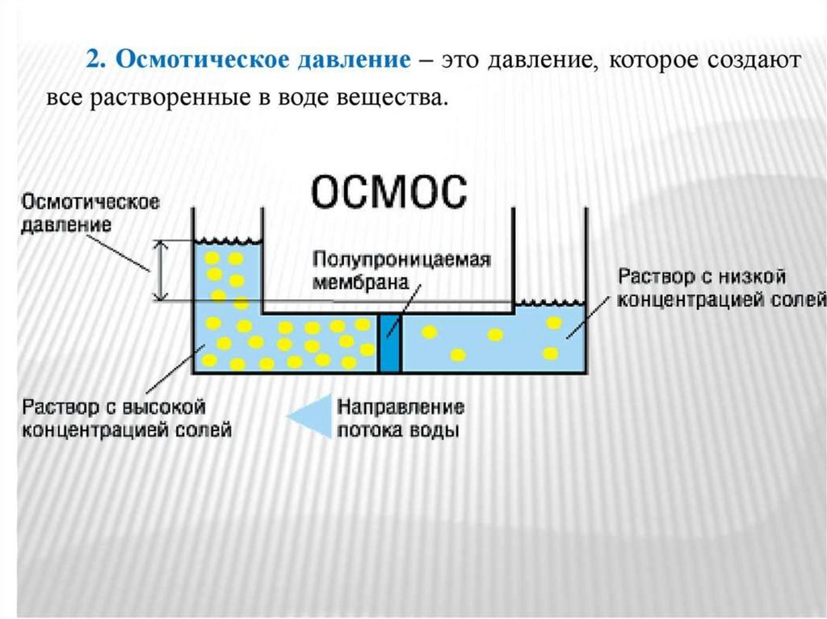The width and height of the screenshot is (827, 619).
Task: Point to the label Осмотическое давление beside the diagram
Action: click(x=90, y=212)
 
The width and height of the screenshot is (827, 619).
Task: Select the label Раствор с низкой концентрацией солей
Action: click(x=721, y=288)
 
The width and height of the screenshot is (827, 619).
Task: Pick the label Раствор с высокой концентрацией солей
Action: click(x=127, y=417)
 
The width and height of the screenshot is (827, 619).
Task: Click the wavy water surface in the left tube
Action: click(x=226, y=240)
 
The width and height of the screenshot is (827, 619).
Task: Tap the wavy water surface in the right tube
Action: click(x=549, y=303)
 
